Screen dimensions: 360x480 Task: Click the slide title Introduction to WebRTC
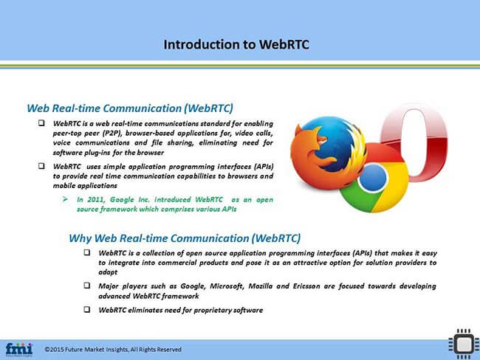coord(236,44)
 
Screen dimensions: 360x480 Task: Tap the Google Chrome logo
coord(373,178)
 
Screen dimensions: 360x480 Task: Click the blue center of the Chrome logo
coord(373,178)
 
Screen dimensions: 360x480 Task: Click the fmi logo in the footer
coord(19,348)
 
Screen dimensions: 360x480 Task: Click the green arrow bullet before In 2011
coord(65,199)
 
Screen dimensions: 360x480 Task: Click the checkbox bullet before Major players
coord(87,285)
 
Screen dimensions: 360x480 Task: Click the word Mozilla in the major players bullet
coord(248,285)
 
